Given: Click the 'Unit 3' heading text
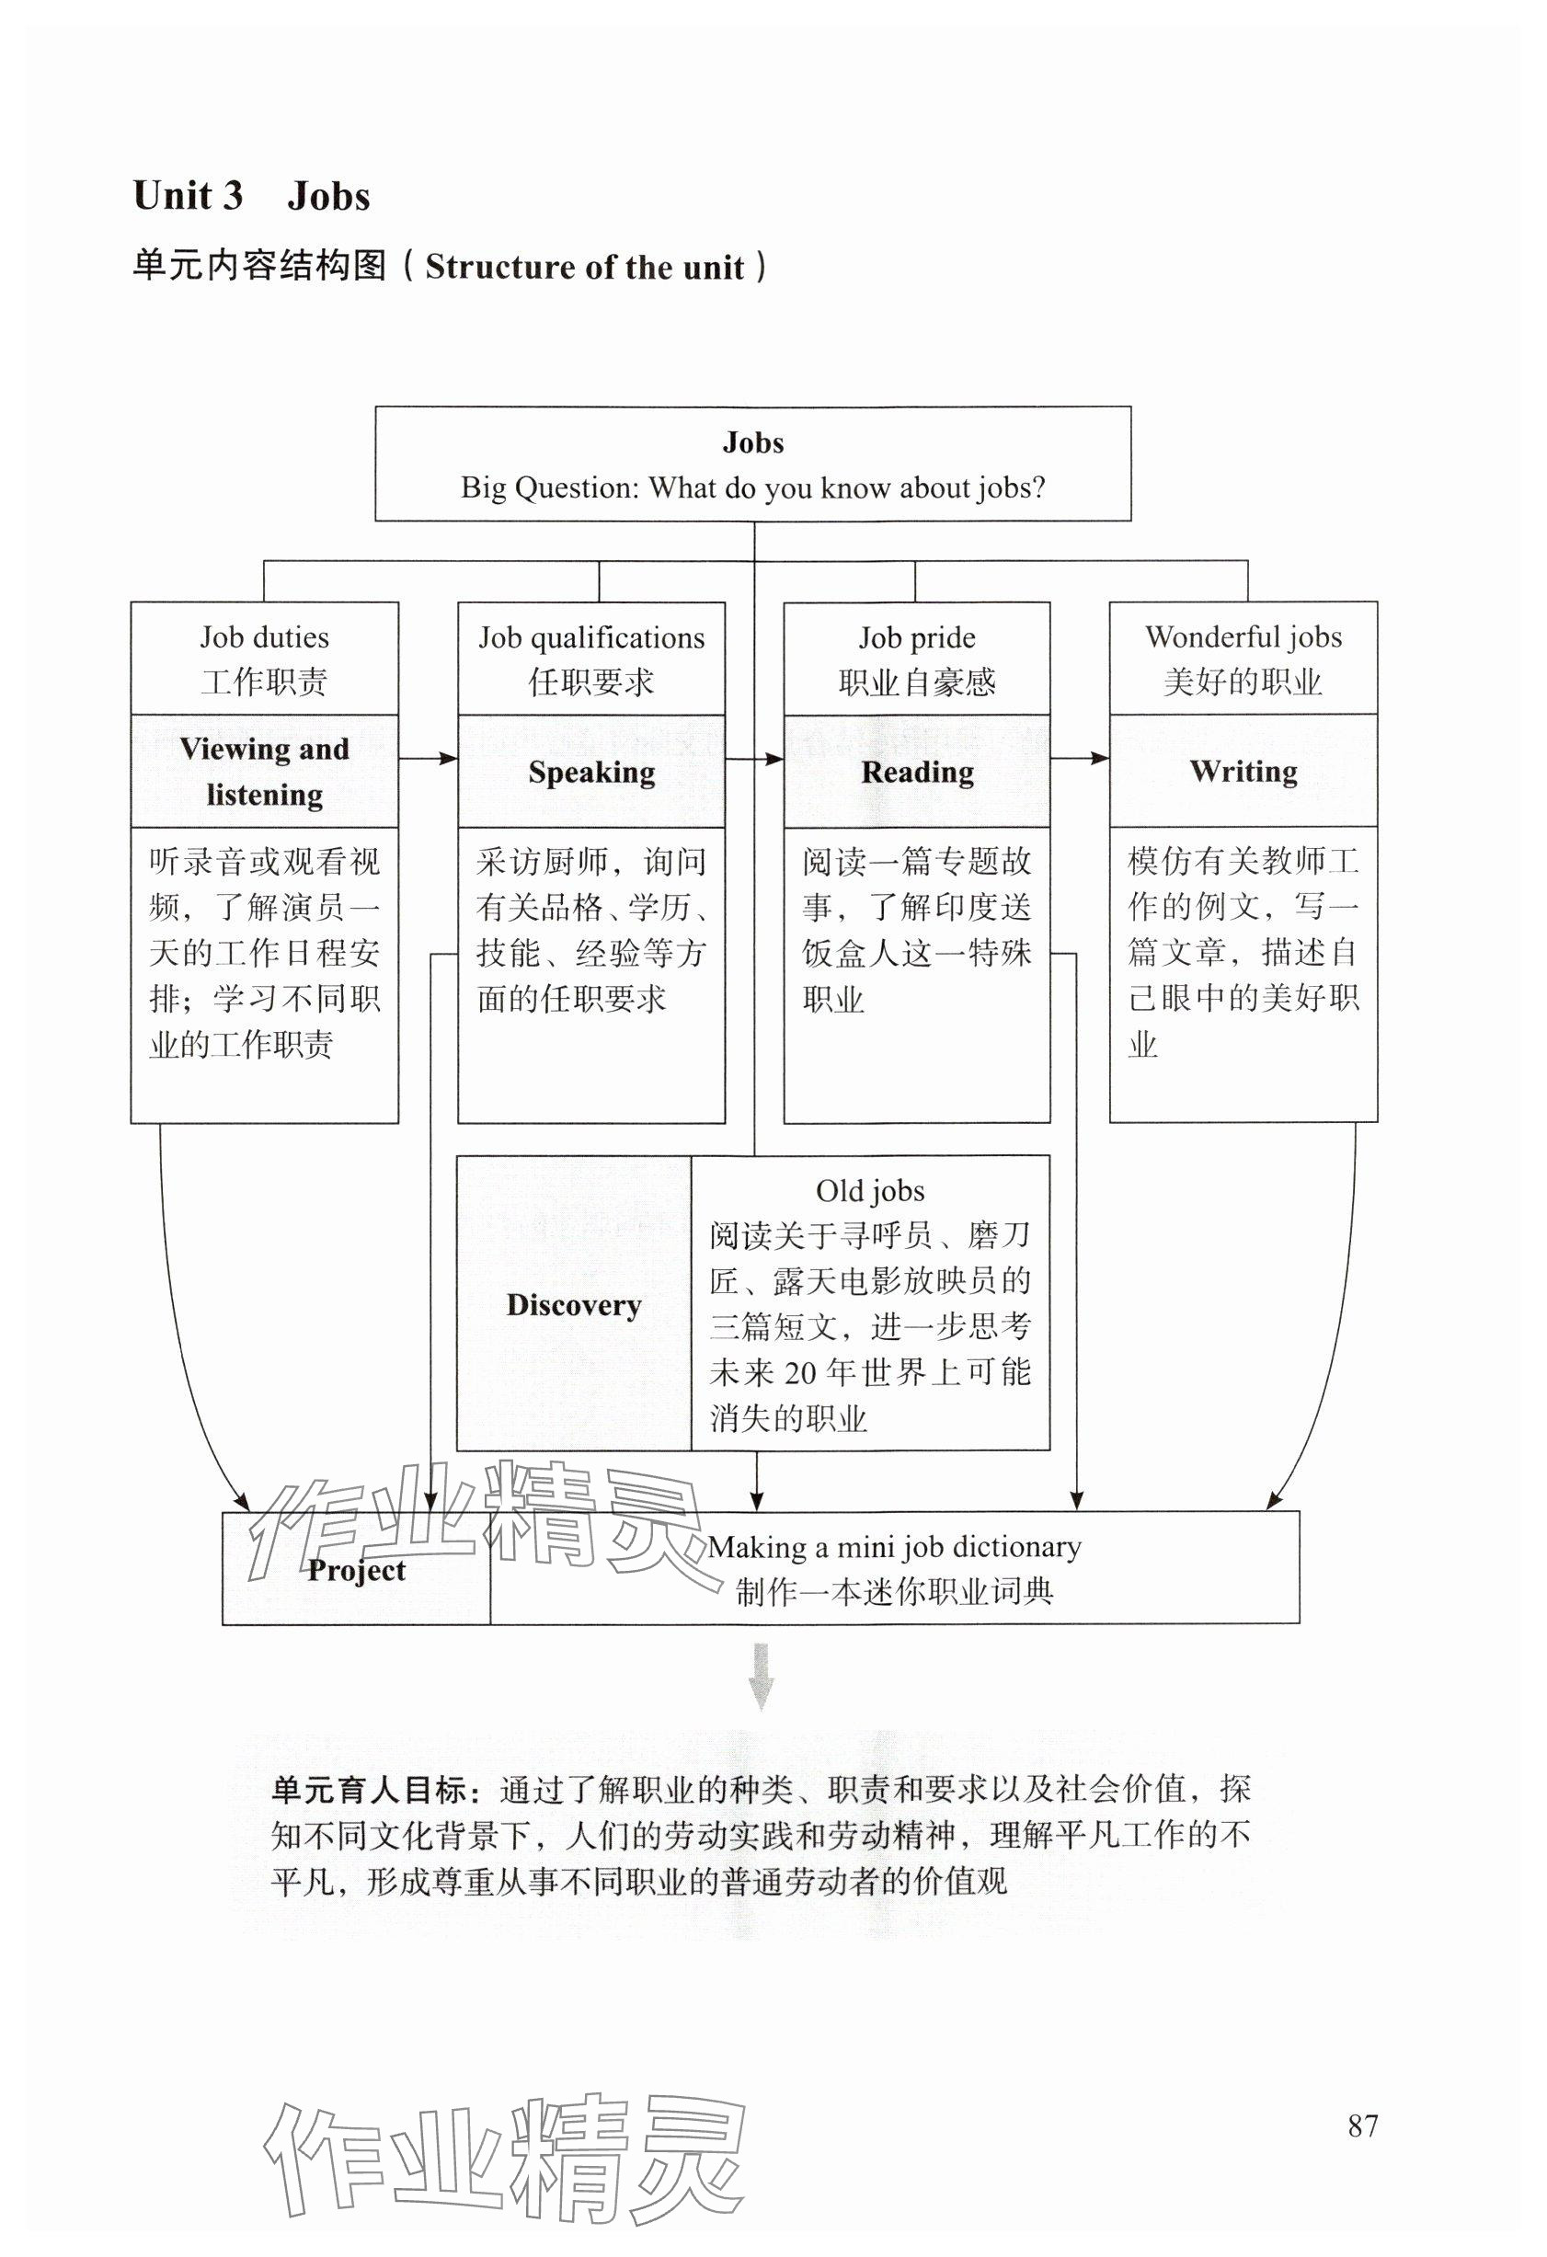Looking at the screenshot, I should coord(188,196).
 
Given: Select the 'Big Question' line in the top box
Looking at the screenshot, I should coord(752,487).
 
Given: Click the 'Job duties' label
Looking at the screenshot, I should coord(264,638).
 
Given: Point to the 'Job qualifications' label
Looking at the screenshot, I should coord(591,638).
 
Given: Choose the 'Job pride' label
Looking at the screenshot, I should coord(917,638).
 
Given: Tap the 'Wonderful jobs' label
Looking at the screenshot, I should coord(1243,637).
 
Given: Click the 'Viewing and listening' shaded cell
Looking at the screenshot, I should coord(264,772).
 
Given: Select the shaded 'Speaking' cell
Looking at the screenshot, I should coord(591,772).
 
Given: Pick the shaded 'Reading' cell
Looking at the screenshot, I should coord(917,772).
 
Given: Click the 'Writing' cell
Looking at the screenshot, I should coord(1243,771).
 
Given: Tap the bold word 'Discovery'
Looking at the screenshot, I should coord(574,1305).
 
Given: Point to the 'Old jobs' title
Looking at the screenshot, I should coord(870,1191).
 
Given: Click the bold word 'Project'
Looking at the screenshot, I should coord(357,1570).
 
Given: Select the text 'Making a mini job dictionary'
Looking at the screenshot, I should coord(893,1546).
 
